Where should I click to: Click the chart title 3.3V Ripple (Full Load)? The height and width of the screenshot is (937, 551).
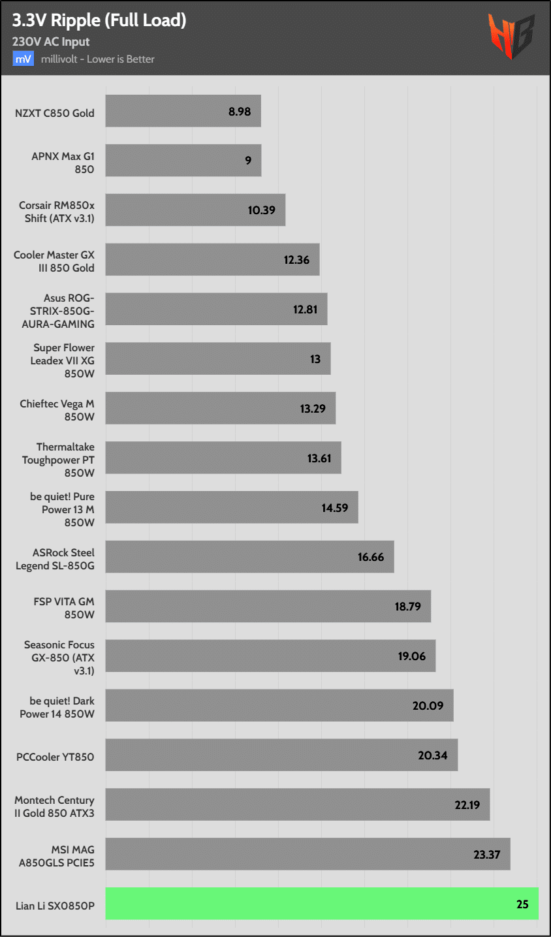click(99, 21)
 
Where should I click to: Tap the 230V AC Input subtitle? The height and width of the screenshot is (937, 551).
click(51, 42)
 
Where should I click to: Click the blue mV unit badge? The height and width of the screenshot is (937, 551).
click(23, 59)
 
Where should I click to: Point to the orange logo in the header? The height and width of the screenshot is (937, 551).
click(511, 37)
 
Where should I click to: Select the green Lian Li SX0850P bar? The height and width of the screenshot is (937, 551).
click(322, 904)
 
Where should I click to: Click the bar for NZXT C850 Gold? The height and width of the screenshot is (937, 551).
click(183, 111)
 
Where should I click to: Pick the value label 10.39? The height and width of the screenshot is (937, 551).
click(261, 210)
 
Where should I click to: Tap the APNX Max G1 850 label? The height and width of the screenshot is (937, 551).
click(63, 163)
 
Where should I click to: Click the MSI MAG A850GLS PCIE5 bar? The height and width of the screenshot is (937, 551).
click(307, 854)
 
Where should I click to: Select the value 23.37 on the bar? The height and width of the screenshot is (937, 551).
click(487, 855)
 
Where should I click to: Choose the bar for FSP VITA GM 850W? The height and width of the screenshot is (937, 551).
click(268, 606)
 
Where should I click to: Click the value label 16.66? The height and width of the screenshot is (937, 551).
click(371, 557)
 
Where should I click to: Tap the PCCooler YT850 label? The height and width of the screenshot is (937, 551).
click(55, 757)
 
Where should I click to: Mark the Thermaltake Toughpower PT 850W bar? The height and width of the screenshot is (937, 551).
click(223, 458)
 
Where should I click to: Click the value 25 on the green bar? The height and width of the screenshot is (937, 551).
click(522, 904)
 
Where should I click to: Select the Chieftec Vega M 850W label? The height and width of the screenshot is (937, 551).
click(57, 410)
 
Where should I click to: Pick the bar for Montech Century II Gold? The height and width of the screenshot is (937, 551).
click(297, 804)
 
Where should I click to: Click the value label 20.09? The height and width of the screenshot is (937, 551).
click(428, 706)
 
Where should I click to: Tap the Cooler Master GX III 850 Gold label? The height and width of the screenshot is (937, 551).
click(54, 261)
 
